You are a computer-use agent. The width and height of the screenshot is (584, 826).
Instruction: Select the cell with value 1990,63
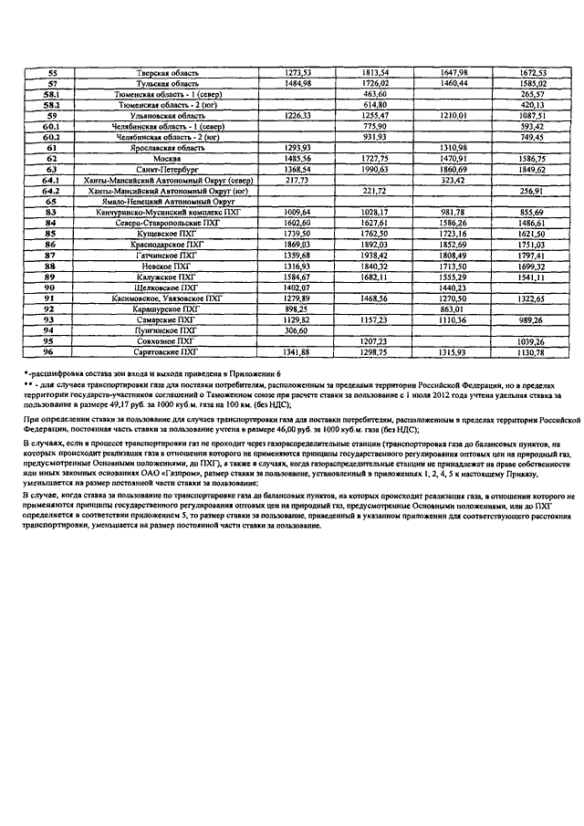(x=375, y=169)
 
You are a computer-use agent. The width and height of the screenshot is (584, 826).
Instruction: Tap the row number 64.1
(x=51, y=180)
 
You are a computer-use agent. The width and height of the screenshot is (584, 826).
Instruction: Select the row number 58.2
(x=51, y=105)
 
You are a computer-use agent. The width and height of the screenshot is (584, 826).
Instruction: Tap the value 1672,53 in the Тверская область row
(x=532, y=72)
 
